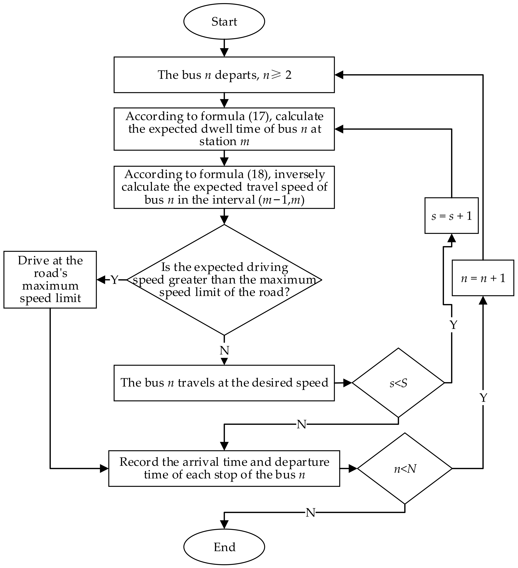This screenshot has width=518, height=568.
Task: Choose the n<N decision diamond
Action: (x=405, y=469)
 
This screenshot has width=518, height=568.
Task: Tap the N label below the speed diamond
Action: (x=224, y=350)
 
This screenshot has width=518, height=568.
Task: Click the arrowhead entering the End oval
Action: (x=224, y=525)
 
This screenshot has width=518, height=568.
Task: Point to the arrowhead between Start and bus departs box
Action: (x=224, y=52)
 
